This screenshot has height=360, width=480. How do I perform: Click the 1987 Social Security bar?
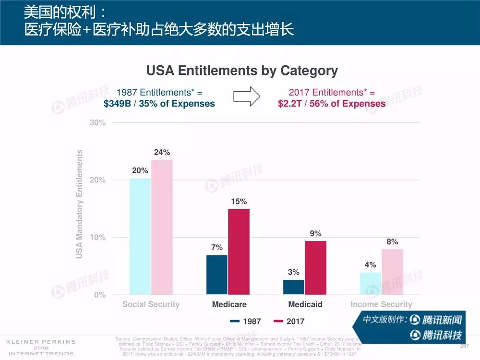pos(140,236)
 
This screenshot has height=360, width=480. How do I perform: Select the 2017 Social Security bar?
pos(162,227)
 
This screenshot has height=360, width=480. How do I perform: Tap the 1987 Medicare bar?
pos(217,275)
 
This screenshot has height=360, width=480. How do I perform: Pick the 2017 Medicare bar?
pos(239,252)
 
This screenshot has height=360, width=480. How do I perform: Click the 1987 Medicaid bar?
pos(294,287)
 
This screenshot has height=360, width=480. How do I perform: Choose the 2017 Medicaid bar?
pos(315,268)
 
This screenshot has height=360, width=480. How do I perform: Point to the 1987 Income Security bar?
pos(371,284)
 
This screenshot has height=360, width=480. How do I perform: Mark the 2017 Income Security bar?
pos(392,272)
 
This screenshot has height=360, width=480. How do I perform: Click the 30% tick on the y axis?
pos(98,123)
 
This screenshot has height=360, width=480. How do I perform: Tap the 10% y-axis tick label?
pos(98,238)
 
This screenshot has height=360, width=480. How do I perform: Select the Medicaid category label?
pos(305,304)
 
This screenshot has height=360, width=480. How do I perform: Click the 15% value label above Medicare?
pos(239,202)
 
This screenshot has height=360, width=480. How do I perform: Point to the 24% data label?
pos(162,152)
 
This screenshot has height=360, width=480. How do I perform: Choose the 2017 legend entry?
pos(289,321)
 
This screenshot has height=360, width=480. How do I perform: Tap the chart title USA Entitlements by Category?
pos(242,71)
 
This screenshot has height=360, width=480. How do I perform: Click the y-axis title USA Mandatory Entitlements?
pos(80,204)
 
